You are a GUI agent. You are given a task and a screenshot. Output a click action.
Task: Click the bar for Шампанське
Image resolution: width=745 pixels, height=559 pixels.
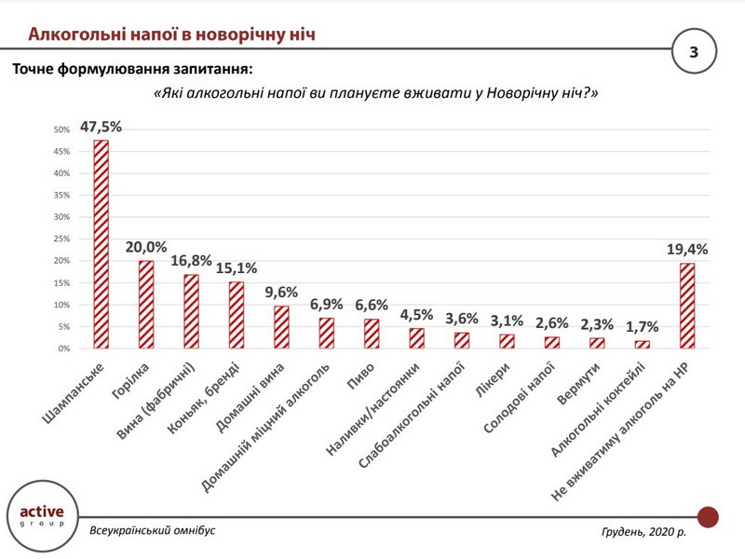tap(101, 244)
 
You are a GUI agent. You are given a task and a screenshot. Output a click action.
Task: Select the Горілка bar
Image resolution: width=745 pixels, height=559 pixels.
tap(146, 305)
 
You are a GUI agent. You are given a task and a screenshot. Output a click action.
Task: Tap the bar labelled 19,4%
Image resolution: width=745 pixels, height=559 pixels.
tap(687, 306)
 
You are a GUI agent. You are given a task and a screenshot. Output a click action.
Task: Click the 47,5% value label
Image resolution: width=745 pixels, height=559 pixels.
tap(101, 127)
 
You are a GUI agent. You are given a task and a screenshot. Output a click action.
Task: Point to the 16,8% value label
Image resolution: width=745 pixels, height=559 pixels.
tap(191, 263)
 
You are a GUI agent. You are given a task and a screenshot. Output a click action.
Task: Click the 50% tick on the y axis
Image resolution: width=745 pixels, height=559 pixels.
tap(62, 130)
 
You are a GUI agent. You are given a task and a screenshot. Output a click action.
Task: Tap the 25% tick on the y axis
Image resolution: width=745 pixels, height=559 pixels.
tap(62, 239)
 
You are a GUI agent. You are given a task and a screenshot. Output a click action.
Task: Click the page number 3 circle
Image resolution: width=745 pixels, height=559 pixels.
tap(693, 52)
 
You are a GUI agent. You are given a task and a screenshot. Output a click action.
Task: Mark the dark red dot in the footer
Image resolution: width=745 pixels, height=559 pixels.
tap(708, 516)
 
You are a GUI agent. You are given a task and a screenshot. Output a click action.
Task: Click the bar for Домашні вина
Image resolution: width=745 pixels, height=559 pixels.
tap(281, 327)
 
